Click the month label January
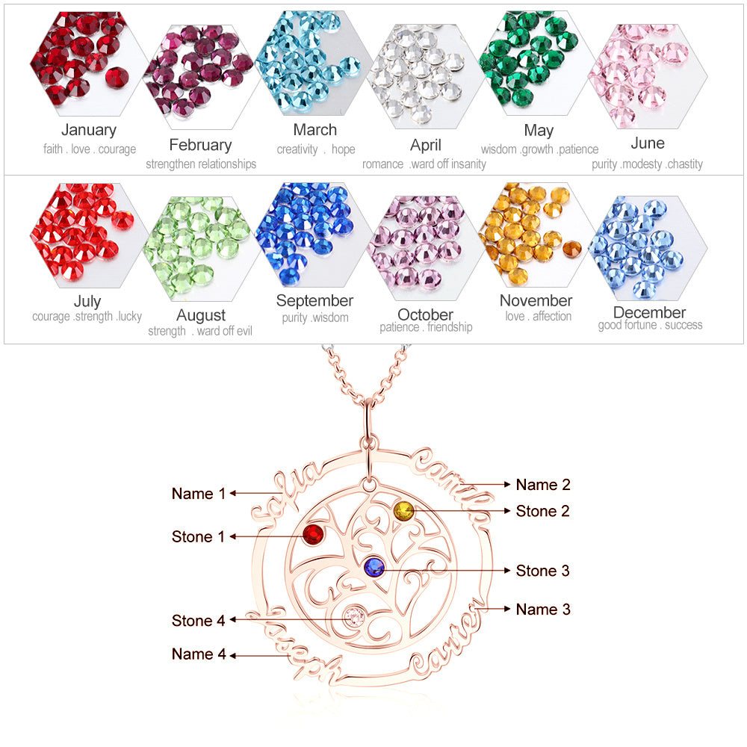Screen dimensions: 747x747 (x=89, y=130)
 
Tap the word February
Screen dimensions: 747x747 (x=200, y=145)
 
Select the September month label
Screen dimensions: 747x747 (x=314, y=301)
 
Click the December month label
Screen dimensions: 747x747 (x=649, y=312)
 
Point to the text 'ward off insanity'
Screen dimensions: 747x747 (x=448, y=164)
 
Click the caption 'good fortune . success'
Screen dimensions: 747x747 (x=650, y=325)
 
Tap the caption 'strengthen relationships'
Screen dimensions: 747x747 (x=201, y=164)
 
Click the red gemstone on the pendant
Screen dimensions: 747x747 (x=312, y=535)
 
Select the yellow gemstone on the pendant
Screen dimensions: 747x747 (x=403, y=512)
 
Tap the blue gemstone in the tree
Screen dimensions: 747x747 (x=373, y=568)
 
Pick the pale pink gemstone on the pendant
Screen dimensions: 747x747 (x=353, y=617)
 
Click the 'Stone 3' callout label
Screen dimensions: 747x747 (x=543, y=571)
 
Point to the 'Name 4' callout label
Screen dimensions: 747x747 (x=199, y=654)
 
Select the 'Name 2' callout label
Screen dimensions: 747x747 (x=543, y=485)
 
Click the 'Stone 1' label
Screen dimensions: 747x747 (x=198, y=536)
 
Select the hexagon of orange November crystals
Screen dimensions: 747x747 (x=528, y=233)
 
